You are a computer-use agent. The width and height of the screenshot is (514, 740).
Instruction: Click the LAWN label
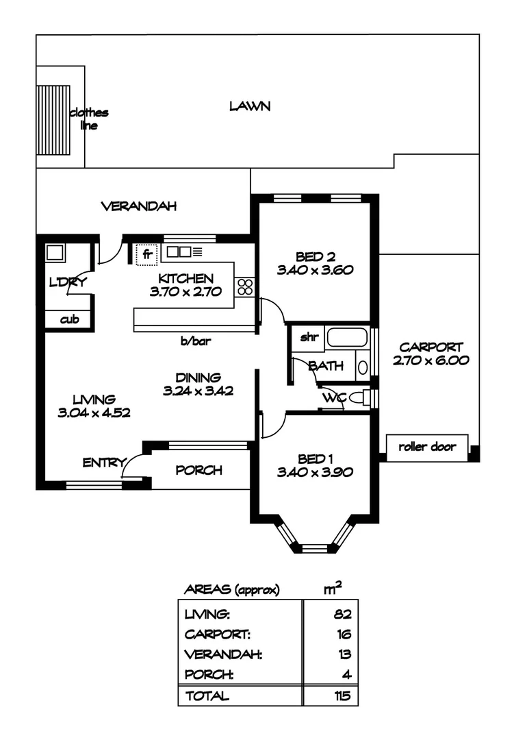(x=250, y=106)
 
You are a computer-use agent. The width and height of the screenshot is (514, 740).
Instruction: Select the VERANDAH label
(x=139, y=206)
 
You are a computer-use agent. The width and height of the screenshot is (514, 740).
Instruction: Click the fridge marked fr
(x=147, y=254)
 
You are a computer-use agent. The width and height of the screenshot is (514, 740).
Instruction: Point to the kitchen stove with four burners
(x=244, y=288)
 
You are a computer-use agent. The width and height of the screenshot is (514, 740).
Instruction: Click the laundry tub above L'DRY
(x=55, y=251)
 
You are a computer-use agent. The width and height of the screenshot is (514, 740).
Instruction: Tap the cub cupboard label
(x=68, y=319)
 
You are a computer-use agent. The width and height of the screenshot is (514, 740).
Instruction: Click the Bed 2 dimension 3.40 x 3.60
(x=315, y=270)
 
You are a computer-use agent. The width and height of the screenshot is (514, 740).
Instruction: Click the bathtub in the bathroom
(x=348, y=338)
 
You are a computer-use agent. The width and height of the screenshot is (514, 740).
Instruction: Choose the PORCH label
(x=198, y=470)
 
